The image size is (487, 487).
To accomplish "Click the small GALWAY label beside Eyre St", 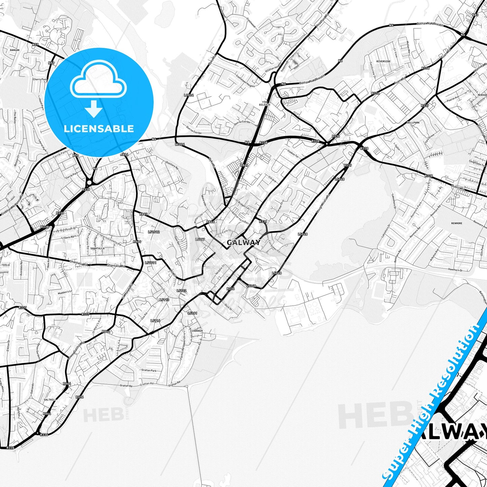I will pyautogui.click(x=243, y=242).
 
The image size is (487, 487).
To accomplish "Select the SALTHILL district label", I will pyautogui.click(x=50, y=399).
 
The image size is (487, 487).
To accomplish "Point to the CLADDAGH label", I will pyautogui.click(x=196, y=331).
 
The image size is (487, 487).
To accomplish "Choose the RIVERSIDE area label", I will pyautogui.click(x=384, y=61).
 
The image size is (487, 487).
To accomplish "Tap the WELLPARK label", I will pyautogui.click(x=413, y=123).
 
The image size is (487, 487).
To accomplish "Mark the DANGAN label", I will pyautogui.click(x=15, y=50).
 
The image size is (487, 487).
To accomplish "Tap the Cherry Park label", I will pyautogui.click(x=40, y=79).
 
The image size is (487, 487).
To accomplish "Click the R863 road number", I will pyautogui.click(x=144, y=214).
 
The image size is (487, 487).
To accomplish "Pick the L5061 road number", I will pyautogui.click(x=192, y=313).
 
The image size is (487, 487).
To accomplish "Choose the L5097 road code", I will pyautogui.click(x=200, y=239).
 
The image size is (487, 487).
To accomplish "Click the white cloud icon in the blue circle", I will pyautogui.click(x=98, y=81).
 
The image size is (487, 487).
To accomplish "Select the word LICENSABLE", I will pyautogui.click(x=99, y=128).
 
